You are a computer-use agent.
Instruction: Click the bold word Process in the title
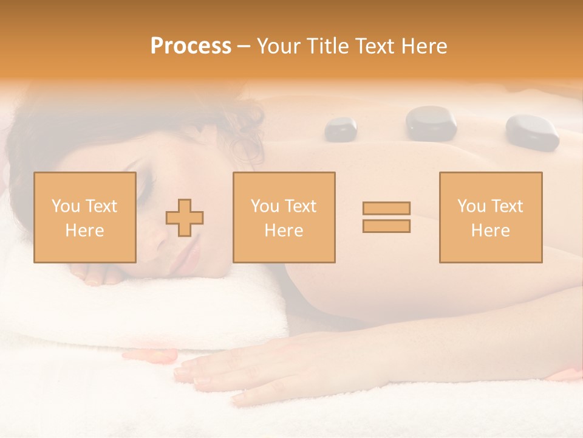[x=191, y=46]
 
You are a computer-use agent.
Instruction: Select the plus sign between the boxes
[x=185, y=217]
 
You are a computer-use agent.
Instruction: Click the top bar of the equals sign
[x=386, y=208]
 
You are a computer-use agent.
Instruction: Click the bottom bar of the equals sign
[x=386, y=226]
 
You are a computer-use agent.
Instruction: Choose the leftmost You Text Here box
[x=84, y=217]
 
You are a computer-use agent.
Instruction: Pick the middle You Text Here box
[x=284, y=217]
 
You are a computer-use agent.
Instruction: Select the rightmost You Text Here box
[x=490, y=217]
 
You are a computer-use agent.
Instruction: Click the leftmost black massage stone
[x=341, y=129]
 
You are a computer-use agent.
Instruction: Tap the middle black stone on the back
[x=431, y=123]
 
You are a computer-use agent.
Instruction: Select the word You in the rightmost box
[x=471, y=206]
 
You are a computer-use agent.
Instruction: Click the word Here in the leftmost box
[x=84, y=231]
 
